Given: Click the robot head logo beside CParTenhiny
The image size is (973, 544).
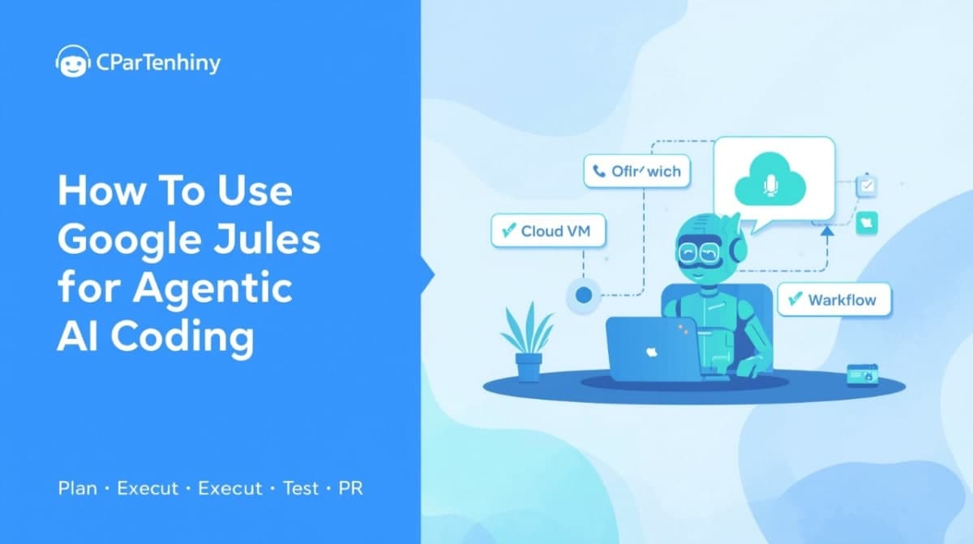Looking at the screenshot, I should point(72,62).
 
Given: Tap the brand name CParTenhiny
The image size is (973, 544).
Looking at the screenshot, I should point(157,63).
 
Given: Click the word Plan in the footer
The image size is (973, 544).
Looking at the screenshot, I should point(77,489).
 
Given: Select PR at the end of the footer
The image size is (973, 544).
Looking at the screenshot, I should point(351,489).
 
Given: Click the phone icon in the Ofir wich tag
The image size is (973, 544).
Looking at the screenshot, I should point(600,172).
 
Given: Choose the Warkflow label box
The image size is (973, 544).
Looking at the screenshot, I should point(833,299).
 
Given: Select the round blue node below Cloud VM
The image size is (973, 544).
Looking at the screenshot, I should point(583,296).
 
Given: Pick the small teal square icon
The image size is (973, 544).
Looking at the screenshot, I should point(867,223).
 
